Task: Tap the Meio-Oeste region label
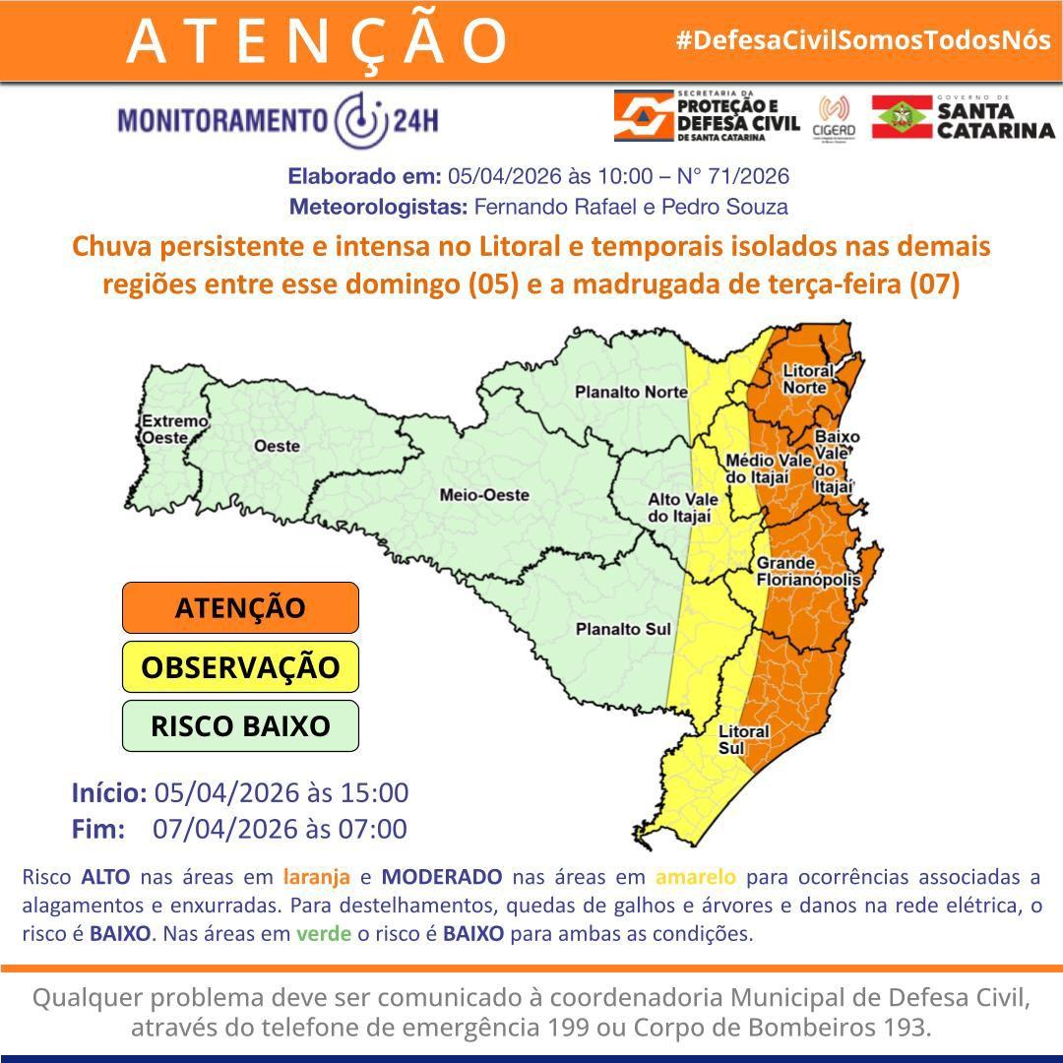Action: (484, 495)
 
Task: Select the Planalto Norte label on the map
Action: (631, 392)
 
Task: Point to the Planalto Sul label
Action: (623, 628)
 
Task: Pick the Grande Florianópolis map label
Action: (808, 572)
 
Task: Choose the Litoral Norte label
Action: (808, 380)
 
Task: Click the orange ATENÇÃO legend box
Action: (240, 607)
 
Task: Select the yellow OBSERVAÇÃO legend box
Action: (240, 667)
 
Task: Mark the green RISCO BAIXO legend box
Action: (240, 726)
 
